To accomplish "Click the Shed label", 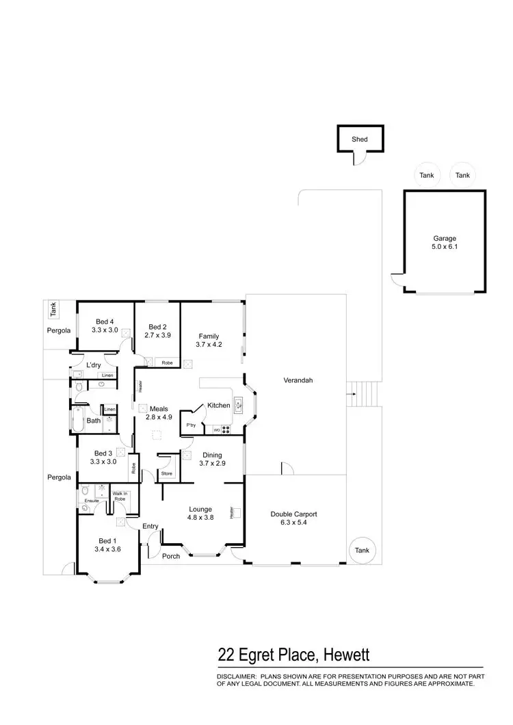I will [x=360, y=140].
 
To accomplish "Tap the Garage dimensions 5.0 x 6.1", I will [x=445, y=247].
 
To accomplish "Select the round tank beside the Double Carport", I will [x=362, y=551].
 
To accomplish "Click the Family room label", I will [x=209, y=336].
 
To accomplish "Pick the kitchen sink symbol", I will [x=238, y=406].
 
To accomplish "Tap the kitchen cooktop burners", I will [x=226, y=430].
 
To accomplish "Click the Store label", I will [x=167, y=473].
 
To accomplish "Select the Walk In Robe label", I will [x=120, y=496].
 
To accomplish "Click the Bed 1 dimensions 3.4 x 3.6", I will [x=107, y=549].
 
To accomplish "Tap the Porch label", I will [x=171, y=556].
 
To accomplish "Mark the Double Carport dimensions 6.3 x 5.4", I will [x=293, y=523].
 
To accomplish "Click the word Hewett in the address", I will [x=346, y=655].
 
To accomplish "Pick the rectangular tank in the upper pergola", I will [x=53, y=310].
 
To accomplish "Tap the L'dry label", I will [x=94, y=365].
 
